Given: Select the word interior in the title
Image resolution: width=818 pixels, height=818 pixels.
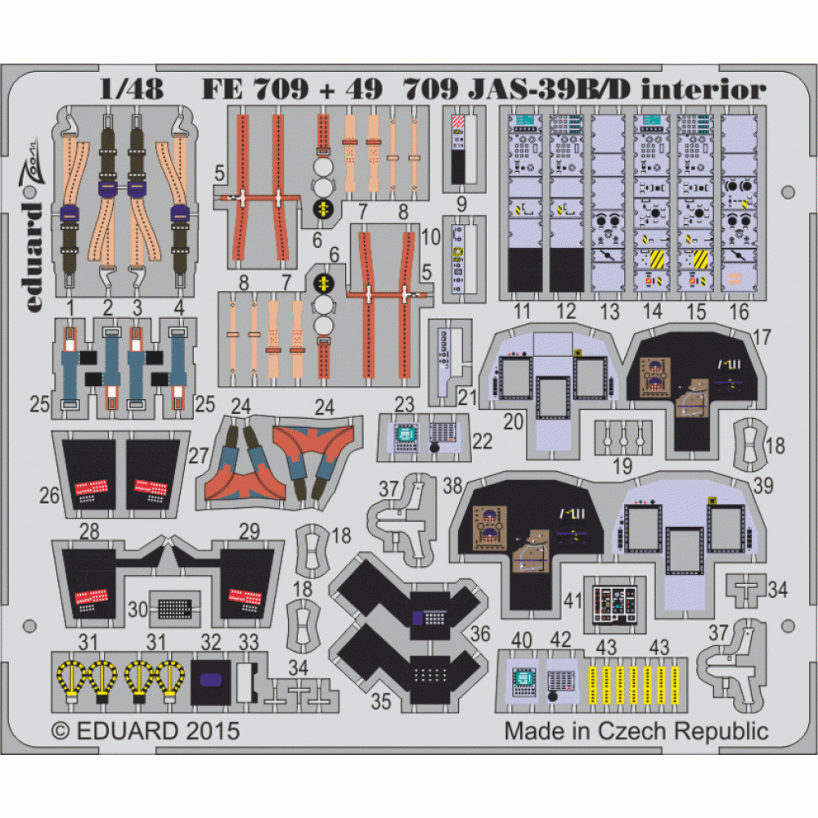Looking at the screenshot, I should [x=703, y=90].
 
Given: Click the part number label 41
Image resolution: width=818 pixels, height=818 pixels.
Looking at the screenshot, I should [x=573, y=600].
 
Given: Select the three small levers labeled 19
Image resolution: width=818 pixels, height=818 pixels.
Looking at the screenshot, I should [x=623, y=438].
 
